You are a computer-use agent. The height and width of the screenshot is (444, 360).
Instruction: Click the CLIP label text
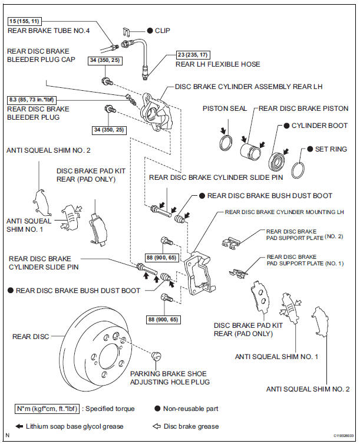tap(167, 29)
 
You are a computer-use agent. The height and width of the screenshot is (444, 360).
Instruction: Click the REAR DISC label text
tap(31, 337)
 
